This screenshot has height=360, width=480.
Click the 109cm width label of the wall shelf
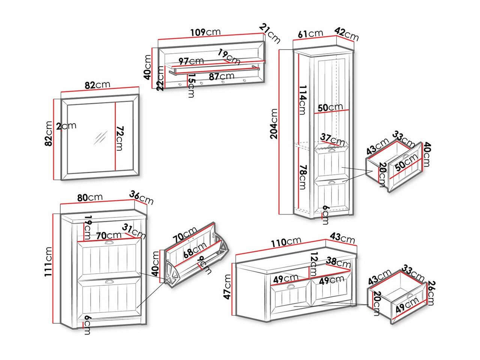205,32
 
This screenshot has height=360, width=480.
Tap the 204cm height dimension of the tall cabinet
274,124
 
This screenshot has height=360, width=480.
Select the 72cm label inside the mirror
119,138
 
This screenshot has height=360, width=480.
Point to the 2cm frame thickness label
66,126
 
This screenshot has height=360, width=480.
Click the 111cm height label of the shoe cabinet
48,262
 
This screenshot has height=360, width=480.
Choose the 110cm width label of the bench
286,243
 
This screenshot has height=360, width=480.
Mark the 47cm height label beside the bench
227,287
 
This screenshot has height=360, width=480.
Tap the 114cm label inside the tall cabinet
302,100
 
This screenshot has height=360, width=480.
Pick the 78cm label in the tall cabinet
302,177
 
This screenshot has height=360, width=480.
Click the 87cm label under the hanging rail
221,76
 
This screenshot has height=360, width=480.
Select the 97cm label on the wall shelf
191,61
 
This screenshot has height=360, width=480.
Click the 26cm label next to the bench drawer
430,293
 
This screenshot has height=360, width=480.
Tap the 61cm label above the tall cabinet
310,34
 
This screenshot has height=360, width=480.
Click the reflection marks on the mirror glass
100,137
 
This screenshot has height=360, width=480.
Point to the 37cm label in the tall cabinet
332,139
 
